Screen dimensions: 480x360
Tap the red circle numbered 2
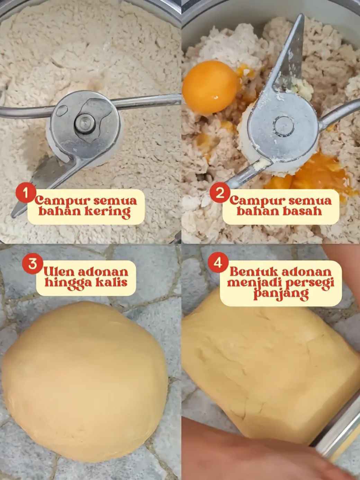(219, 193)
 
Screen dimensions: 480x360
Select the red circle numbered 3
(32, 264)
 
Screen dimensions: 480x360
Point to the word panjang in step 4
(281, 294)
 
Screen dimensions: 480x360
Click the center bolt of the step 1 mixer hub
(85, 123)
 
